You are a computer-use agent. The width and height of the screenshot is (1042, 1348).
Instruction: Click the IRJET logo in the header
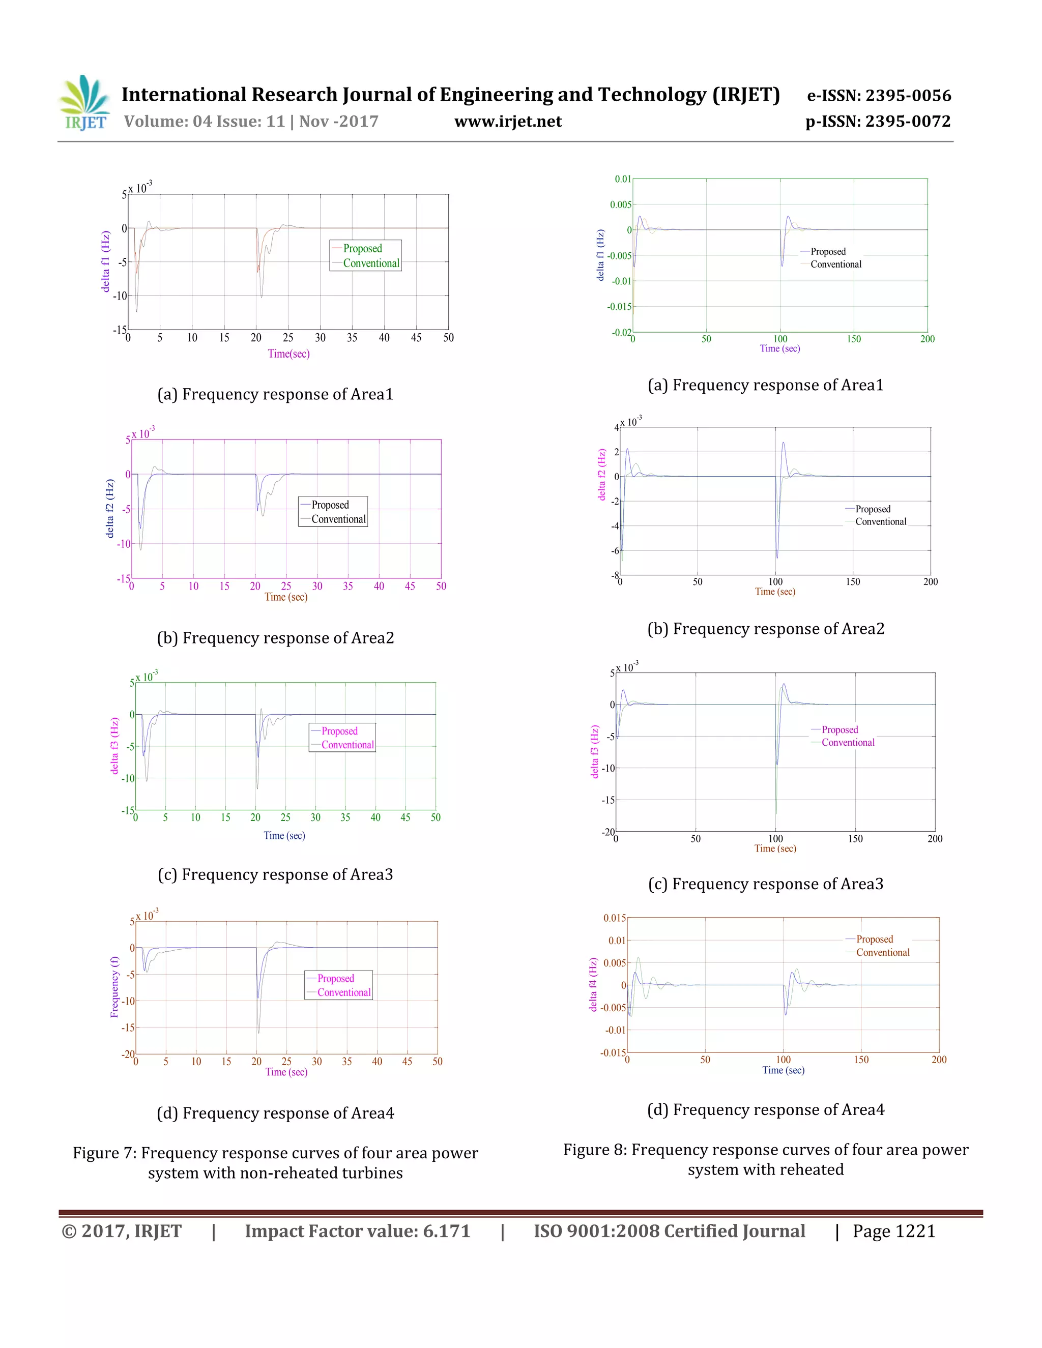pos(85,102)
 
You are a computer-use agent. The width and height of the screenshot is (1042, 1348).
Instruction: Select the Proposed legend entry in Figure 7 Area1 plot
pos(362,249)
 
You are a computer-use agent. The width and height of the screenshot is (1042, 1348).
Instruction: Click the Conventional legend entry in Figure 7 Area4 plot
pos(344,992)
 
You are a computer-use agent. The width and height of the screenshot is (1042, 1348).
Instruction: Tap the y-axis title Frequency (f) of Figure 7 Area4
pos(114,987)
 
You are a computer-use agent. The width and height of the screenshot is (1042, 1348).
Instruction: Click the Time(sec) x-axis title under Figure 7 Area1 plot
pos(288,354)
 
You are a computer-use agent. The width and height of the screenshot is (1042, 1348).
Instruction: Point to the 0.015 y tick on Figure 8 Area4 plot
pos(614,918)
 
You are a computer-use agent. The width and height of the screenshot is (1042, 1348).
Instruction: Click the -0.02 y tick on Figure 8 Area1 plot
pos(621,332)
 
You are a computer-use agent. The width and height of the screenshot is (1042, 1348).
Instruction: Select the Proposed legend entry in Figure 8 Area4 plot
pos(874,940)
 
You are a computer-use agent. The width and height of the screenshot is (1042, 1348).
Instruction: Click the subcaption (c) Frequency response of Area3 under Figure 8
pos(765,884)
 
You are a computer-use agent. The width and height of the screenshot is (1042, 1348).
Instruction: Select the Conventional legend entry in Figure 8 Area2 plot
pos(880,521)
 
